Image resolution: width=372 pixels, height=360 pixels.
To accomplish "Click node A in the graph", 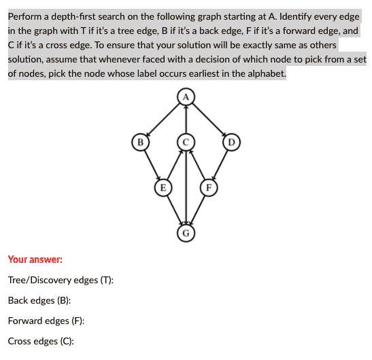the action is click(x=186, y=96).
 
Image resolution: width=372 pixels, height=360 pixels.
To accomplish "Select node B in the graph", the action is click(x=139, y=142).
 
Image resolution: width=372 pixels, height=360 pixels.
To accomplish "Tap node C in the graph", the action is click(x=186, y=142).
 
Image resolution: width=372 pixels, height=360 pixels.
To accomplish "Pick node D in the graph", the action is click(x=232, y=142).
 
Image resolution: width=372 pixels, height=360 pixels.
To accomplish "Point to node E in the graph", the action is click(x=163, y=187).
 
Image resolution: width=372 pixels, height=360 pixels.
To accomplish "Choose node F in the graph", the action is click(x=209, y=187).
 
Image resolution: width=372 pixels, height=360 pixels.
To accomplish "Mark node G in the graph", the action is click(x=186, y=232).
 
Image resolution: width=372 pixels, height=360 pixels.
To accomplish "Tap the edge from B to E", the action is click(x=151, y=164).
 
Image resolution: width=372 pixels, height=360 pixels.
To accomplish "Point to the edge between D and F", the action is click(x=220, y=164).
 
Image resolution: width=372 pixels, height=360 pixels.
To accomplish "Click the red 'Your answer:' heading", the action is click(x=35, y=259).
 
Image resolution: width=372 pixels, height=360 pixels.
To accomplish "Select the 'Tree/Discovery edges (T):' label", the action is click(x=61, y=280).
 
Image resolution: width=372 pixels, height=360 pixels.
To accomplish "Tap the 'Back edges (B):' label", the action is click(x=39, y=300).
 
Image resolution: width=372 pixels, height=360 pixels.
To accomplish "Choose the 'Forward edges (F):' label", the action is click(x=46, y=321).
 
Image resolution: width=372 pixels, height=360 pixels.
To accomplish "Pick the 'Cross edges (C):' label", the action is click(x=41, y=341).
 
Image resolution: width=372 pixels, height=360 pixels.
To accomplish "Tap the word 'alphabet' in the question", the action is click(x=264, y=73).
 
